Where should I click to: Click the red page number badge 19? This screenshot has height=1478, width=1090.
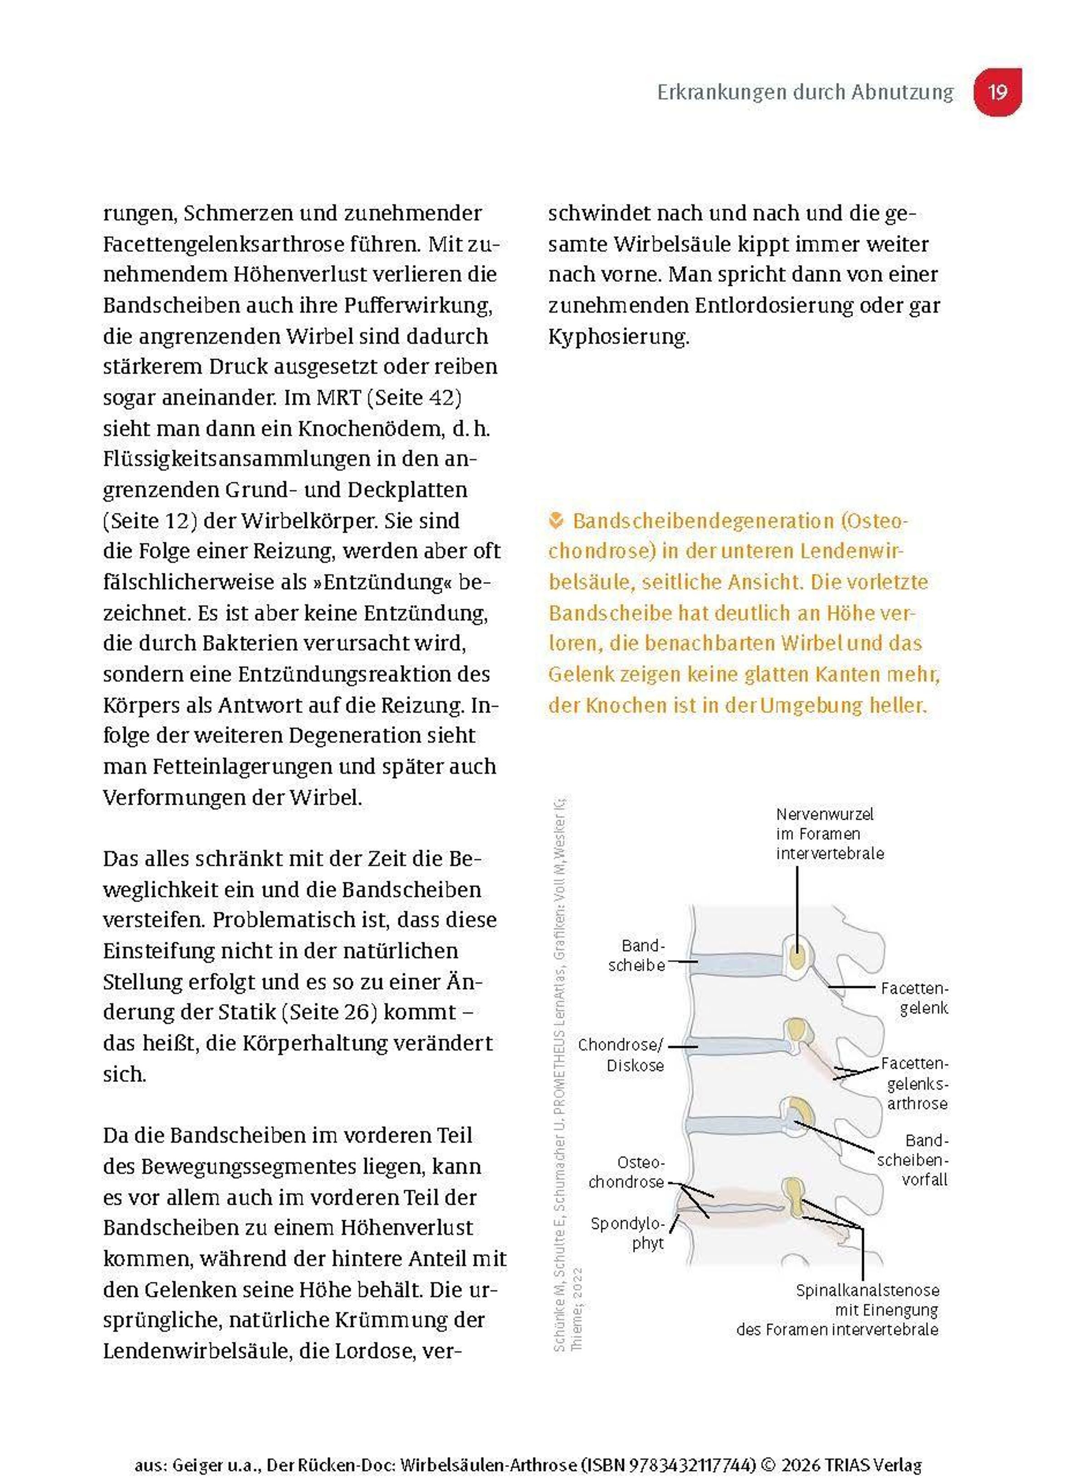pos(997,92)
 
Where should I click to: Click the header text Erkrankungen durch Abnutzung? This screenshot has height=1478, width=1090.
pos(805,92)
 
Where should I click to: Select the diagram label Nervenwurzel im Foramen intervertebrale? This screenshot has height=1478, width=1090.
pos(829,833)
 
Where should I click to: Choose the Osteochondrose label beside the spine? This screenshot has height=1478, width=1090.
pos(627,1172)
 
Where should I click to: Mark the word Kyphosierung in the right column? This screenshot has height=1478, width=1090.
pos(618,337)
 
